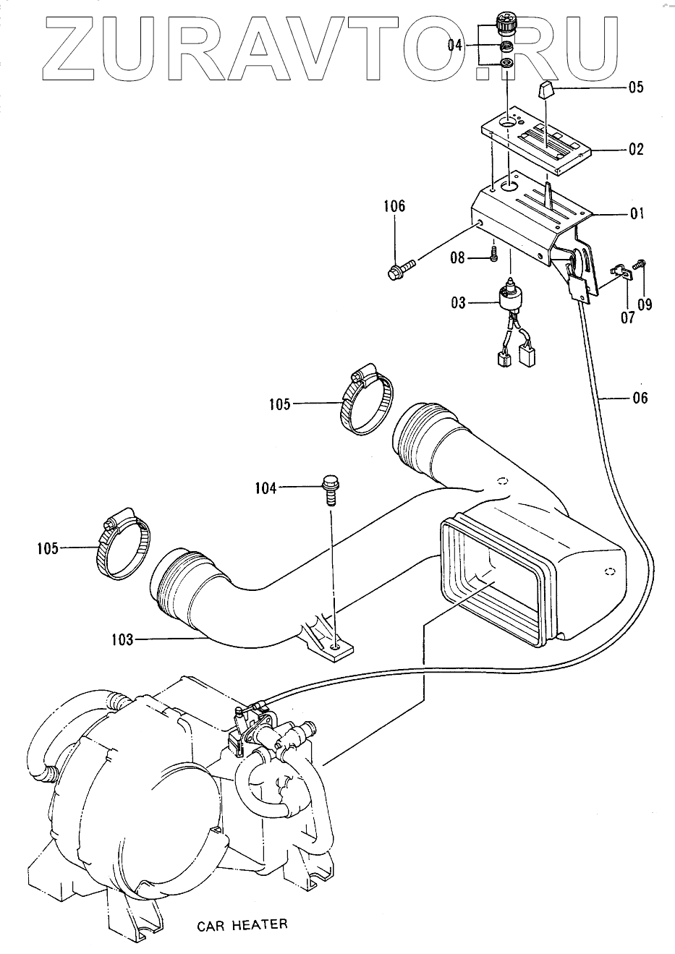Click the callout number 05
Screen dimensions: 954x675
(x=636, y=89)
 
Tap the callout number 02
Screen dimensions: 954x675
(x=636, y=150)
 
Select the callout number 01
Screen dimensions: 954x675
(x=636, y=214)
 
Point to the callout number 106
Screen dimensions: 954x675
(x=394, y=207)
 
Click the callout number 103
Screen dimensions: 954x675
(x=122, y=639)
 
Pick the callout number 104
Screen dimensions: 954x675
(x=266, y=489)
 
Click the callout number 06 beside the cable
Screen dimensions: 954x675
(x=640, y=398)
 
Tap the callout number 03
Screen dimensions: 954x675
(x=458, y=302)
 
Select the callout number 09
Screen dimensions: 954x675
(x=644, y=304)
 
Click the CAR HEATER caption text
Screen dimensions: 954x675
(x=242, y=924)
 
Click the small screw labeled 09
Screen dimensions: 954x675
(x=640, y=266)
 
